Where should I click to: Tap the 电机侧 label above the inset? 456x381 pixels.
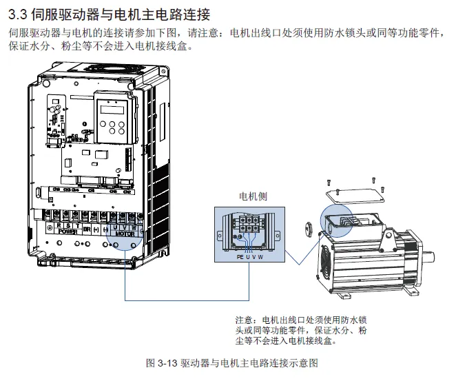click(x=252, y=196)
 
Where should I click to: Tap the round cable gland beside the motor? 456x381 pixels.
click(x=311, y=227)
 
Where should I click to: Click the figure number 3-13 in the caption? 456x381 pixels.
click(x=167, y=363)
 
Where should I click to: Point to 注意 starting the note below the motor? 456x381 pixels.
click(x=245, y=320)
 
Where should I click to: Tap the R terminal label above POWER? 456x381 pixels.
click(x=59, y=225)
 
